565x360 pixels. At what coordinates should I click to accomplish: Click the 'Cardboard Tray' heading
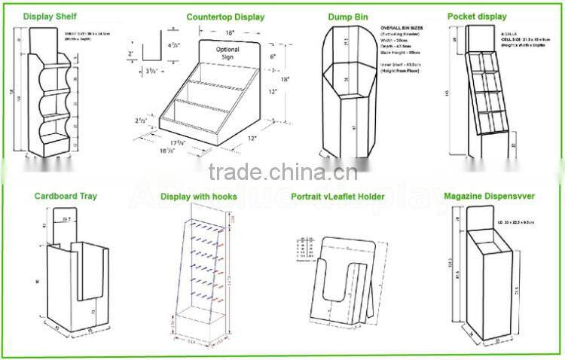66,196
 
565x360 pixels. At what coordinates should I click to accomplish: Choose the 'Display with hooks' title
199,197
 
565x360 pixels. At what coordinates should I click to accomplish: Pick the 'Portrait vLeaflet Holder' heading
337,197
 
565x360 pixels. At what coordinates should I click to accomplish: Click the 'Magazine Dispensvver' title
489,197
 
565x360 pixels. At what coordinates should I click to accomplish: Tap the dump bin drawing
347,94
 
